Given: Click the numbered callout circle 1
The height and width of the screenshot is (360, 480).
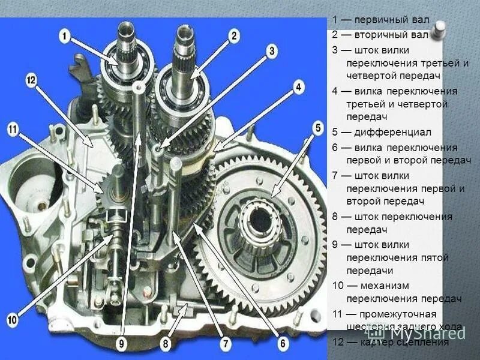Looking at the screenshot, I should pyautogui.click(x=64, y=36).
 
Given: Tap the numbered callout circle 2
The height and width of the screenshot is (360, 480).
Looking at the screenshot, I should pyautogui.click(x=234, y=36).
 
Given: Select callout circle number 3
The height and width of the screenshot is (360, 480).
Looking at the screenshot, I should pyautogui.click(x=272, y=50).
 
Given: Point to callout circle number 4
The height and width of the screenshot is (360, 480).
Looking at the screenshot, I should pyautogui.click(x=298, y=88).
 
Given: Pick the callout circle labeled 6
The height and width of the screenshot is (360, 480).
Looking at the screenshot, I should pyautogui.click(x=283, y=344).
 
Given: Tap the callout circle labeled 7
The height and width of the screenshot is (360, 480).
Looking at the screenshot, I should pyautogui.click(x=226, y=344).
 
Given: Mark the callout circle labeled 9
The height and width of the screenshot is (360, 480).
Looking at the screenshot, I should pyautogui.click(x=122, y=344).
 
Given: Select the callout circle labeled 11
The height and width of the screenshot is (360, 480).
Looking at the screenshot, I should pyautogui.click(x=13, y=128).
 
